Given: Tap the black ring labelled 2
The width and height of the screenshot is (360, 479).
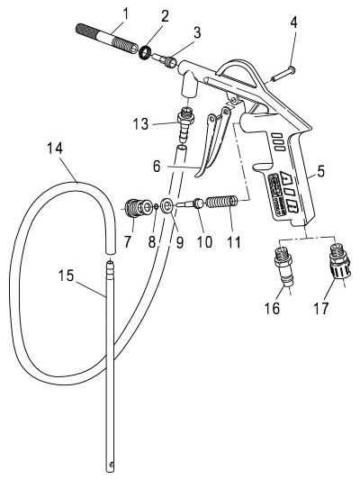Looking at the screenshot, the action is click(144, 52).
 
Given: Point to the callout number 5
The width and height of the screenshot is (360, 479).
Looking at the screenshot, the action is click(320, 171).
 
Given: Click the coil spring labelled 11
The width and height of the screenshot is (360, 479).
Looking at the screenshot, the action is click(223, 202).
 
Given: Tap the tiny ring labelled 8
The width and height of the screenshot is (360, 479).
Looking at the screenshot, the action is click(156, 206).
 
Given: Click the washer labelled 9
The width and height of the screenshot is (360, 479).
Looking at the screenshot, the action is click(166, 205).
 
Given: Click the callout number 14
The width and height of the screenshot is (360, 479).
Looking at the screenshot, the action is click(55, 149).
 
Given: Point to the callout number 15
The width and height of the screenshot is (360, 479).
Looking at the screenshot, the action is click(66, 276).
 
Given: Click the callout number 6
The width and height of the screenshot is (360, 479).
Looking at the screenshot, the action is click(157, 167).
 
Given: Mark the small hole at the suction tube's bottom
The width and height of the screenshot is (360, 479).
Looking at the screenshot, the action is click(112, 465).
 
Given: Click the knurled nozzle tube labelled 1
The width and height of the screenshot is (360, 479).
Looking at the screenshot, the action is click(107, 40).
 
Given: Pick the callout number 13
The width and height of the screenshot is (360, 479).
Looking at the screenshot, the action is click(140, 124).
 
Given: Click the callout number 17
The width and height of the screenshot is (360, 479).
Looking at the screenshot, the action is click(321, 308).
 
